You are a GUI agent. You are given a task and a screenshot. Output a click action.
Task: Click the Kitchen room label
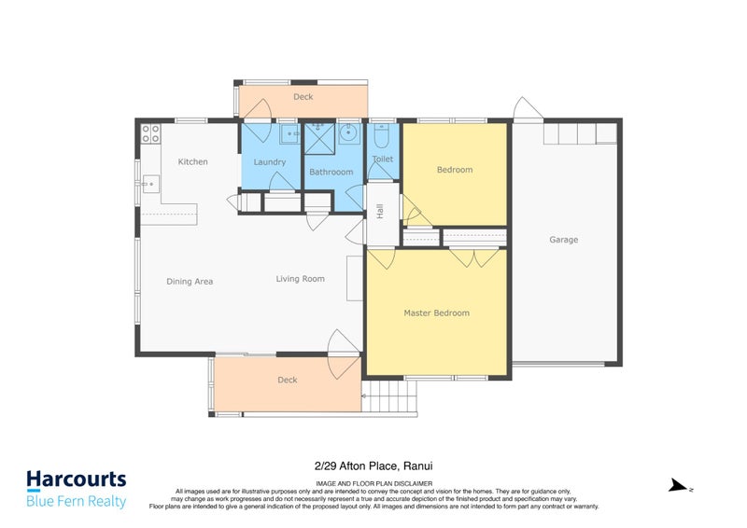193,162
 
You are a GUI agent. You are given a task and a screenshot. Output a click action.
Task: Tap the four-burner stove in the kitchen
150,133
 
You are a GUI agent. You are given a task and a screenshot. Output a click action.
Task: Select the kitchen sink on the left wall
148,186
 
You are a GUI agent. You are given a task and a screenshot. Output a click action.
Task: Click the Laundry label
269,162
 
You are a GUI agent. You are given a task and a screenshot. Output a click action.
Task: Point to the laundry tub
289,135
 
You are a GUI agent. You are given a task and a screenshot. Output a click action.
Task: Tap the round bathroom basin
348,136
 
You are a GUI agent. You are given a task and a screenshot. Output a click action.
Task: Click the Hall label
381,213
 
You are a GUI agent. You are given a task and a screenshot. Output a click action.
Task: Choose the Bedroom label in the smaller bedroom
455,170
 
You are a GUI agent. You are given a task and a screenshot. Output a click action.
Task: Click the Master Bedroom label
436,313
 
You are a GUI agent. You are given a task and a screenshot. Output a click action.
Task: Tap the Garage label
563,240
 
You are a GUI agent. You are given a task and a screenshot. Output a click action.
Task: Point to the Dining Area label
190,281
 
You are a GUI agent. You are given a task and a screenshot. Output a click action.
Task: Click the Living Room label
300,278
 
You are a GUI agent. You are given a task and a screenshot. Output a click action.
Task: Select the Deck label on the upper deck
303,97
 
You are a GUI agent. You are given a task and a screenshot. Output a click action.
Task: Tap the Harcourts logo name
76,480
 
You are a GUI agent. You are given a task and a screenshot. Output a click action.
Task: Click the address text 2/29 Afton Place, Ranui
373,465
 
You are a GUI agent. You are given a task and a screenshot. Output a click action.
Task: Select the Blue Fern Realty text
76,502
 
